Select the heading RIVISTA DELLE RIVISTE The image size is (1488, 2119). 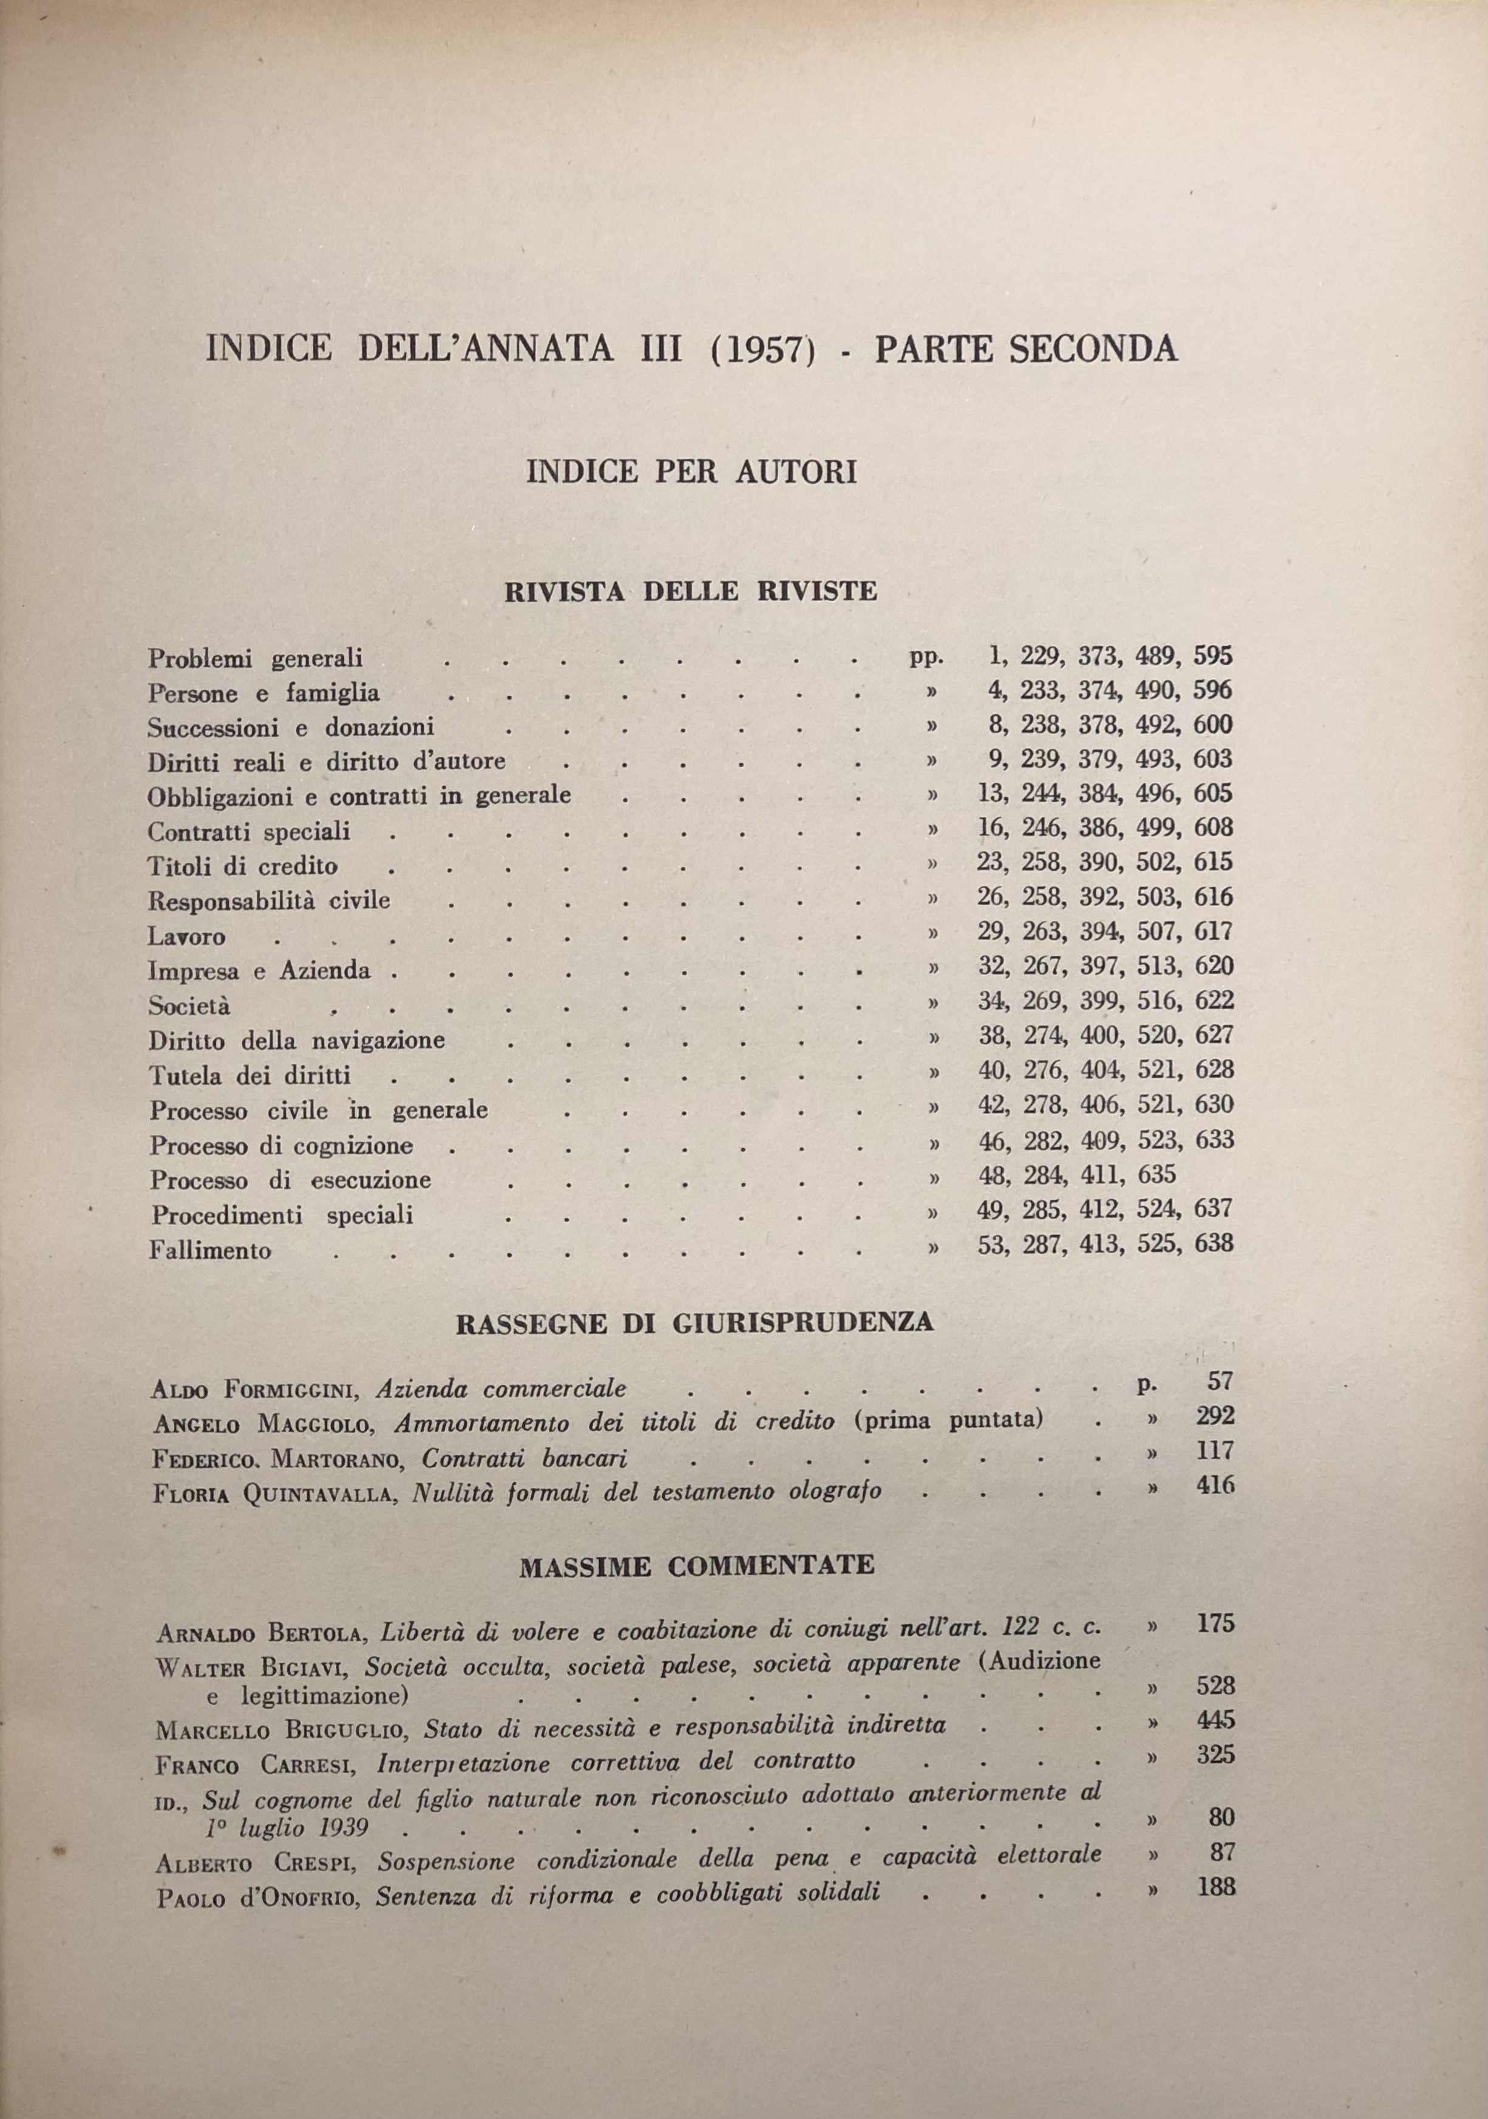[x=690, y=591]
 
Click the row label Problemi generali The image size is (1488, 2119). [x=255, y=658]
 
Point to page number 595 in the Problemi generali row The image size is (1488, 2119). [x=1212, y=656]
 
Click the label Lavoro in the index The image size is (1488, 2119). [x=186, y=937]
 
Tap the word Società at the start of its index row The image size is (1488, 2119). [x=189, y=1006]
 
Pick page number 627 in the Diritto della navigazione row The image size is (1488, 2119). [x=1213, y=1035]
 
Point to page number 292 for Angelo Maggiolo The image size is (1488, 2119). [x=1215, y=1416]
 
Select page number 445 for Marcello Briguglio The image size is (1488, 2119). [x=1215, y=1720]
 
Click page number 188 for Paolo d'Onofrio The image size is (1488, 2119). [x=1215, y=1887]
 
